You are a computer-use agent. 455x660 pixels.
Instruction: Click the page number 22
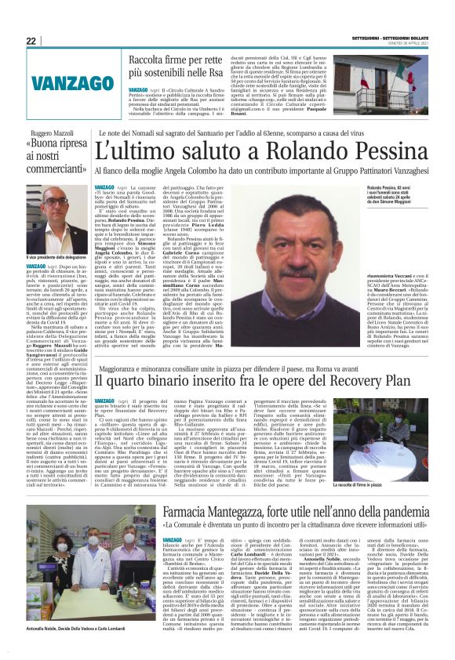(x=31, y=41)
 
